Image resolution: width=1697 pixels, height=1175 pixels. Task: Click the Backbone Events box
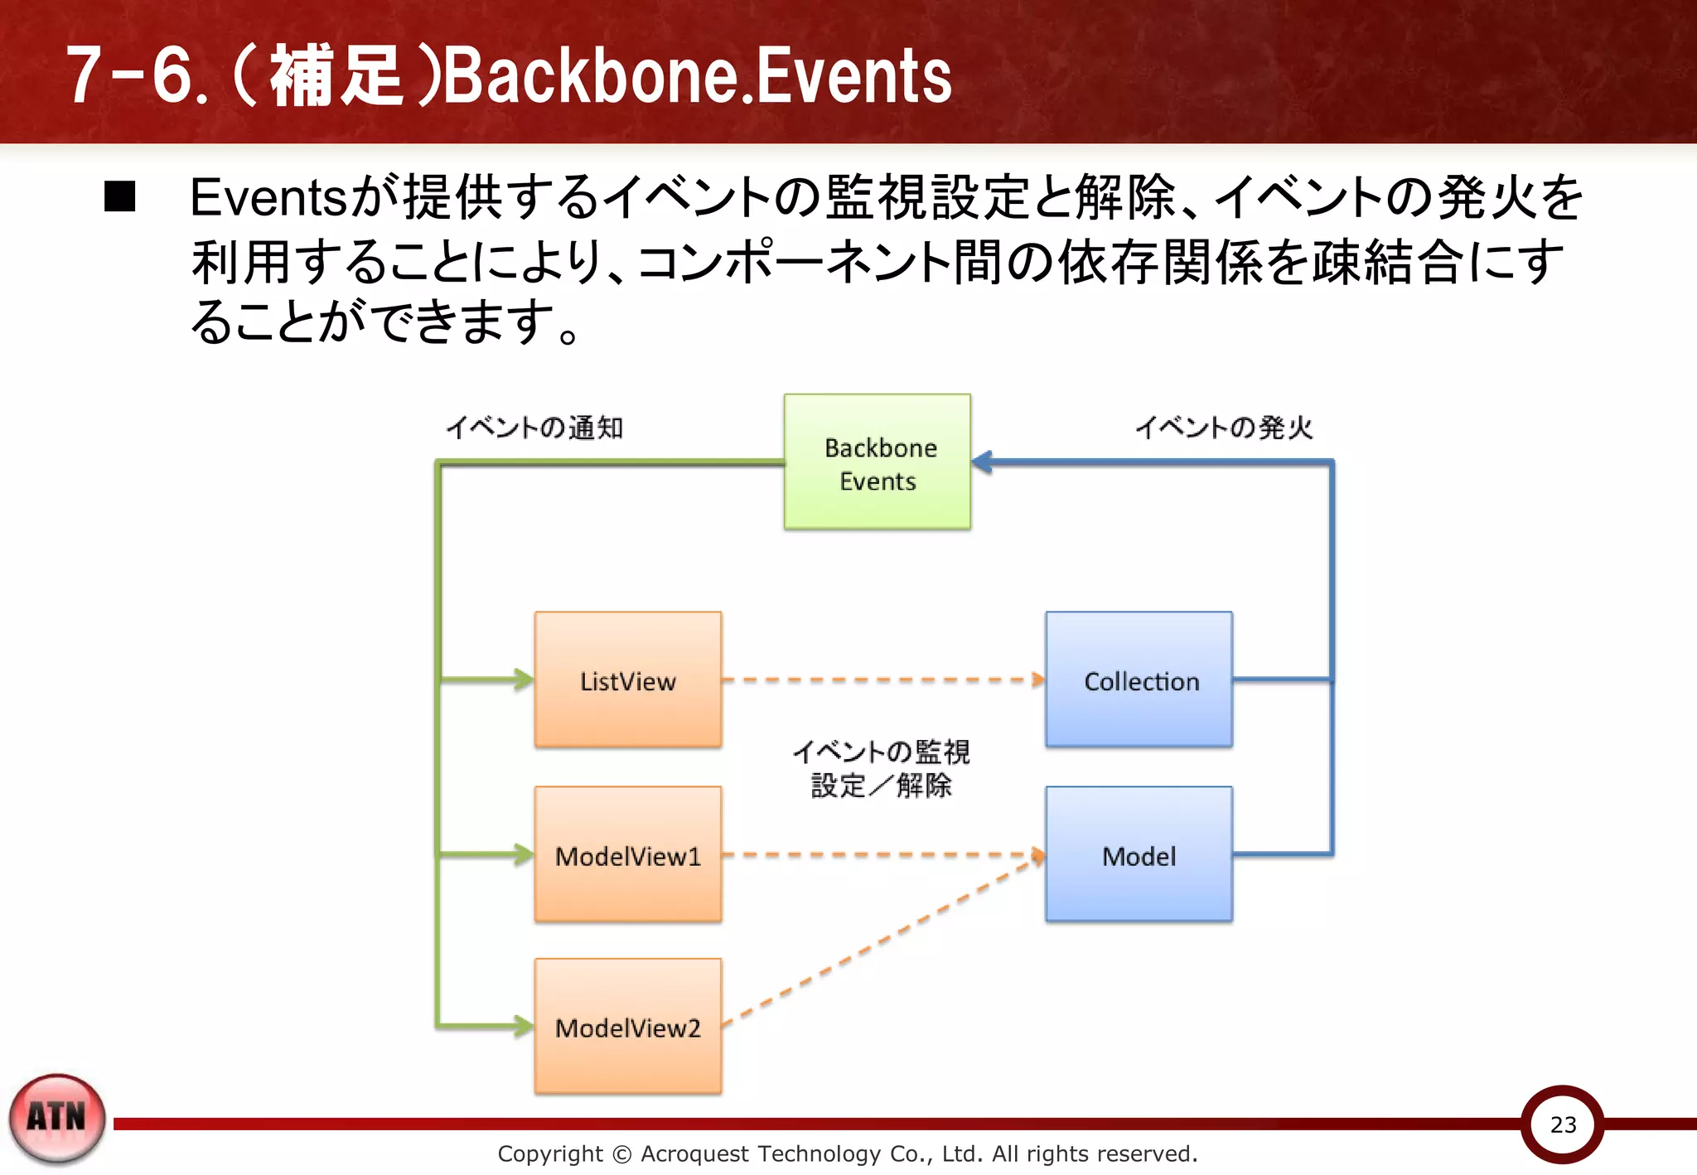878,462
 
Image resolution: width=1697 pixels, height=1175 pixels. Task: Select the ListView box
628,680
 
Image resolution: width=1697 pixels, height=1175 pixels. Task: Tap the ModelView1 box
628,854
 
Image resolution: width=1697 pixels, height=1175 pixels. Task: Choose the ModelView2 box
628,1027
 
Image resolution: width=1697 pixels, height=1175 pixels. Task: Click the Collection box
1139,680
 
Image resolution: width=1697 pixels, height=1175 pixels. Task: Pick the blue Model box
1139,854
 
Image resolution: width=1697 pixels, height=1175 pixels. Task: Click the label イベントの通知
534,428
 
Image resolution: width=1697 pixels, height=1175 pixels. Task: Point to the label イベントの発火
1224,428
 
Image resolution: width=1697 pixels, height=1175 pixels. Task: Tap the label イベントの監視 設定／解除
881,768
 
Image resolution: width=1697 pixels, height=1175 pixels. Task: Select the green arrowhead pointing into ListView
524,679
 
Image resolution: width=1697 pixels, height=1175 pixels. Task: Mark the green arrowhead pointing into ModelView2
524,1027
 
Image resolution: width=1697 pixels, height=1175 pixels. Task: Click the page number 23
1563,1124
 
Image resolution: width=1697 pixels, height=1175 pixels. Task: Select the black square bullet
120,197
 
